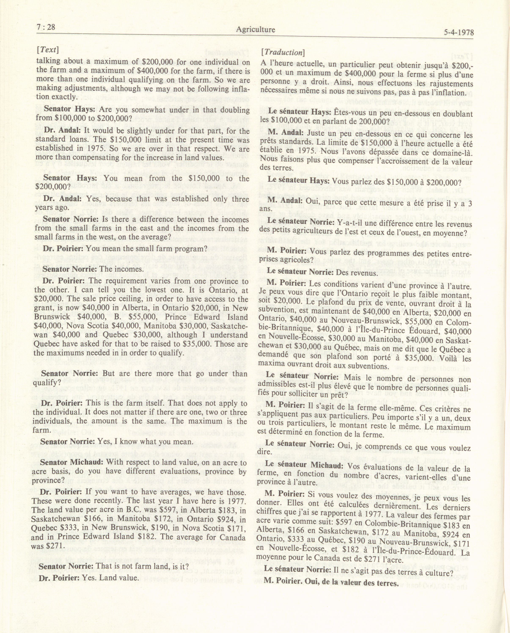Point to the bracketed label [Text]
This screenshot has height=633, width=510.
coord(48,50)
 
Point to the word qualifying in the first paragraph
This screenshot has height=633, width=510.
coord(154,80)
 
